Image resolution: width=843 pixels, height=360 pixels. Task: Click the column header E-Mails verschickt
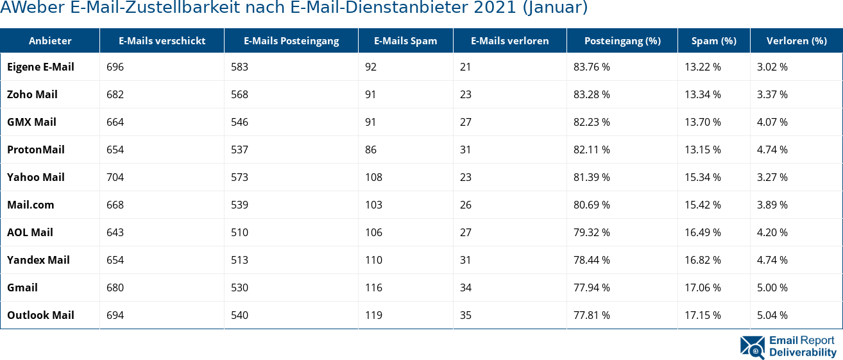coord(162,41)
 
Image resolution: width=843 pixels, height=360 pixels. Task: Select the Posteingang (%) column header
coord(622,41)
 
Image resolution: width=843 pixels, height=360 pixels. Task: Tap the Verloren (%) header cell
coord(796,41)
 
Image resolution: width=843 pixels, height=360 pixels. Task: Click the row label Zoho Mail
coord(32,95)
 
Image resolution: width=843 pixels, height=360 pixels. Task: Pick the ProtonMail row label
coord(36,150)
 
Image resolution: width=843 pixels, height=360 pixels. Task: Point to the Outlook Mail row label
coord(40,316)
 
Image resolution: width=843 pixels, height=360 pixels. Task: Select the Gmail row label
coord(22,288)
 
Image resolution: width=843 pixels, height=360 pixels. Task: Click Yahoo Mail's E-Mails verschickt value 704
coord(115,178)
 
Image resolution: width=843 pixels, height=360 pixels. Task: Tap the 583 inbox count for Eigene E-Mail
coord(239,67)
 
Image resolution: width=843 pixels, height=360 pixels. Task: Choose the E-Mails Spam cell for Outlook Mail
coord(373,316)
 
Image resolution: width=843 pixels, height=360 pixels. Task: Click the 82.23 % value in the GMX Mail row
coord(592,123)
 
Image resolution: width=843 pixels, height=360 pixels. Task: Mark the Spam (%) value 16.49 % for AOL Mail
coord(702,233)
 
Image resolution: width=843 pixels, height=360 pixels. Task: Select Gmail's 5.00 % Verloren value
coord(772,288)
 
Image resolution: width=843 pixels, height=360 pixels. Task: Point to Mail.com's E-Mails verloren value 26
coord(466,205)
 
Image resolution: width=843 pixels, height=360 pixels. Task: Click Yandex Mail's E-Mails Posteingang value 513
coord(239,261)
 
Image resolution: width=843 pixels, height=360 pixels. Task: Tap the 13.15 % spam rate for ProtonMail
coord(702,150)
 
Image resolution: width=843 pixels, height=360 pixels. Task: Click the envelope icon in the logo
coord(752,347)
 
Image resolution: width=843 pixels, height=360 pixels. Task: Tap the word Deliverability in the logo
coord(803,352)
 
